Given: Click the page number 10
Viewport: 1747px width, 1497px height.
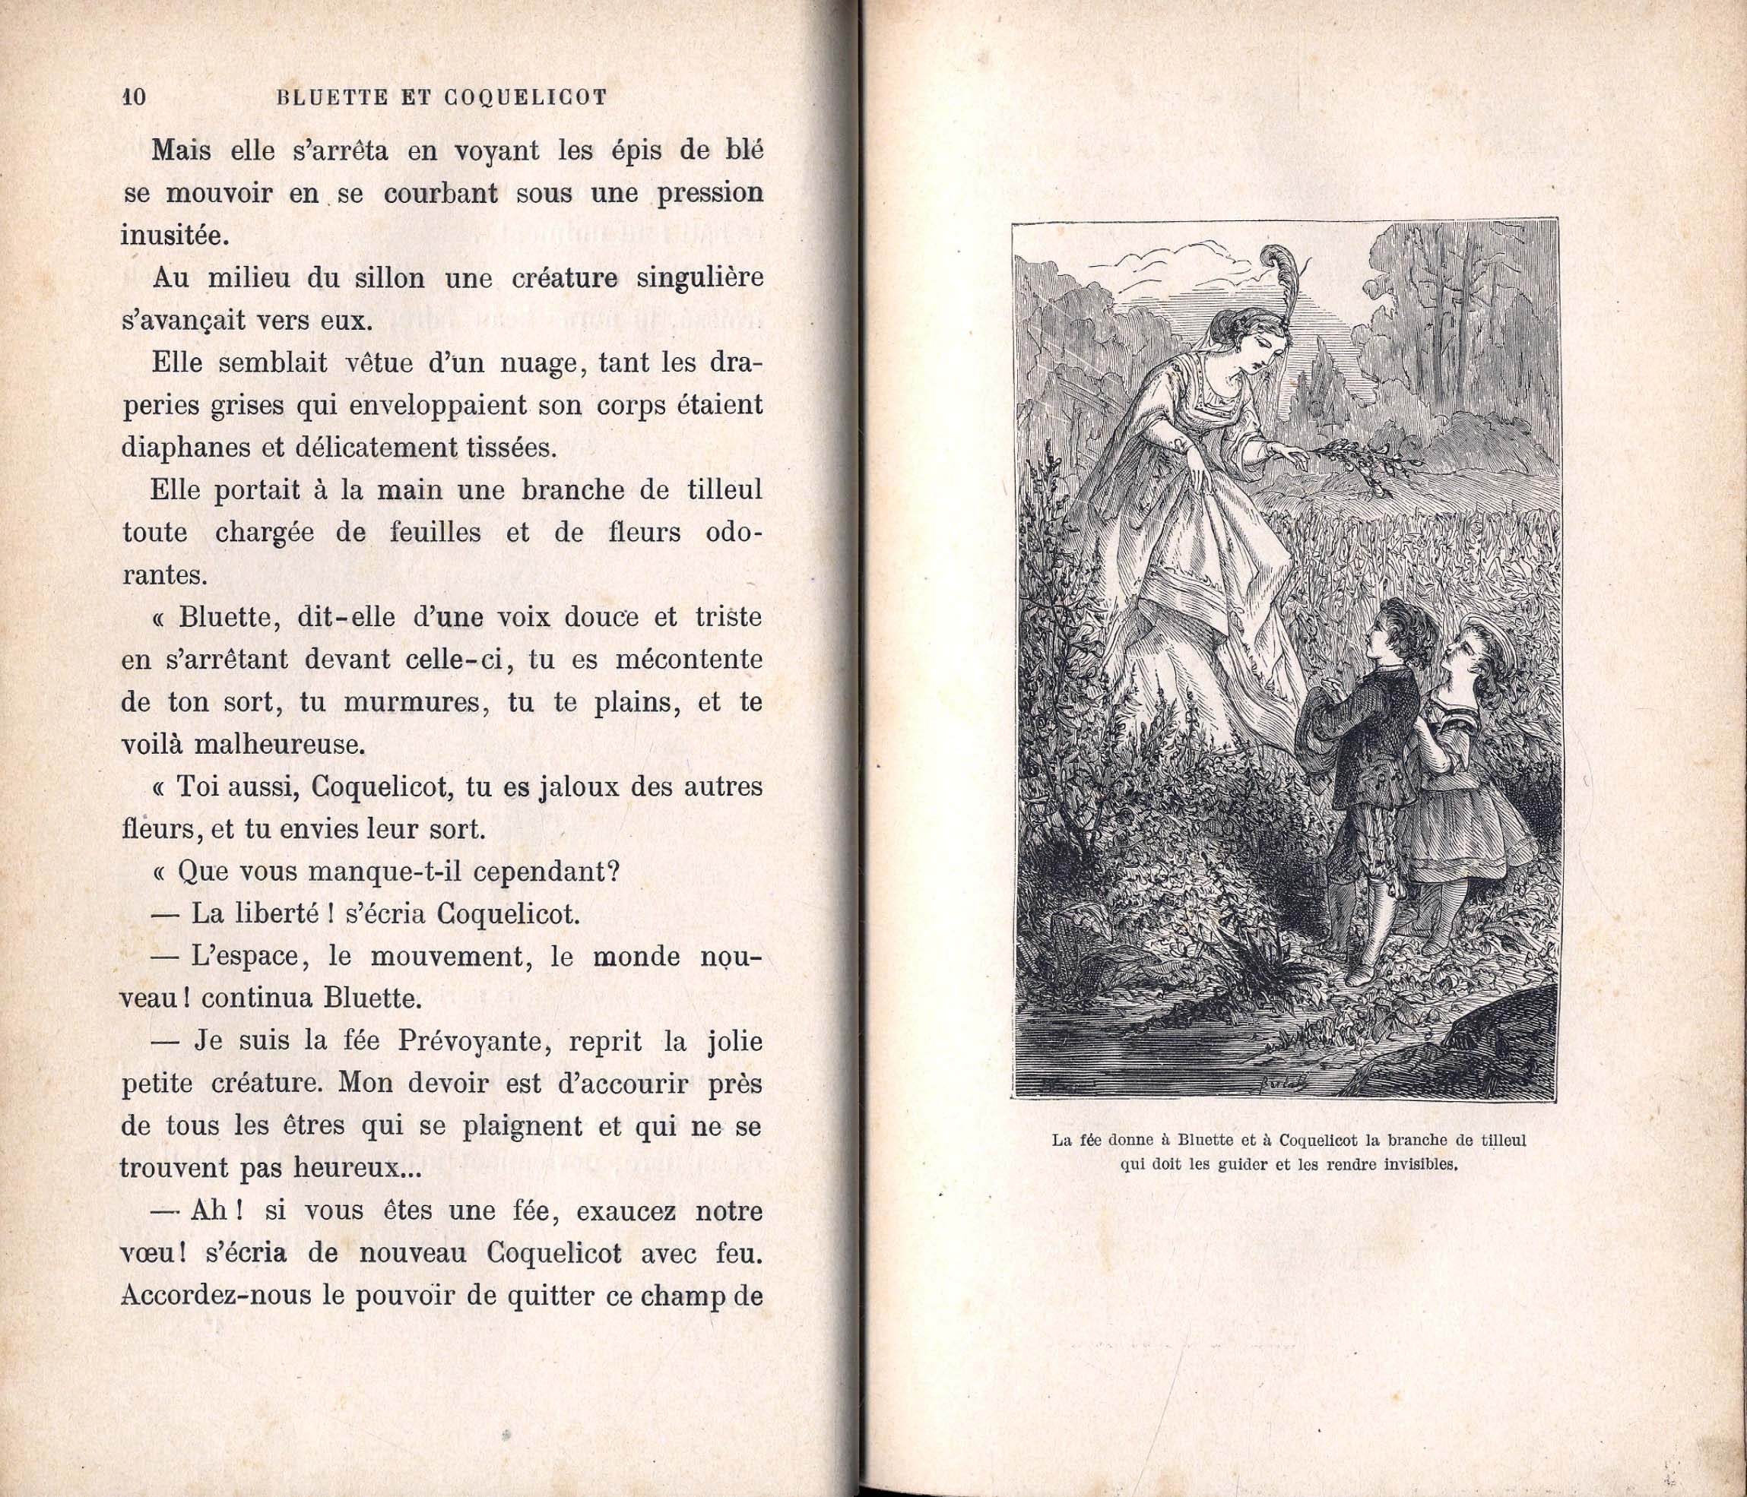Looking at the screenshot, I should (x=133, y=97).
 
